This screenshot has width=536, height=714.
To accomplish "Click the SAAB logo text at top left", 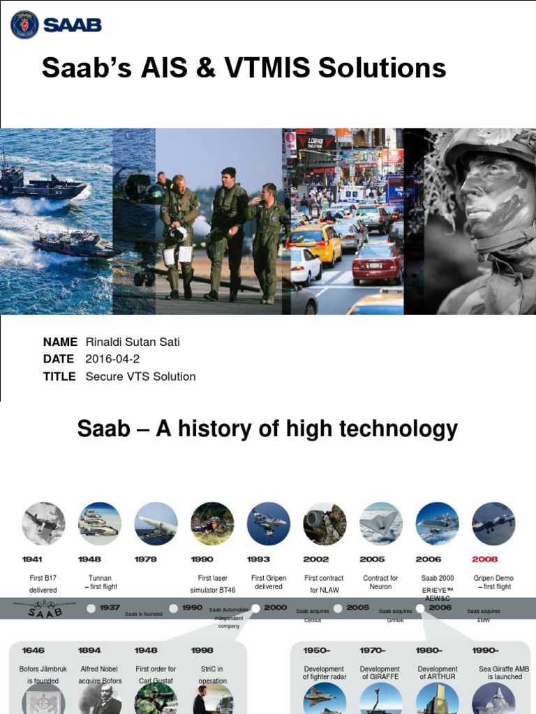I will [72, 25].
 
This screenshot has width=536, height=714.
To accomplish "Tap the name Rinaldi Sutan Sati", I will [133, 342].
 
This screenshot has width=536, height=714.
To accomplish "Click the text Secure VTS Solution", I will [140, 377].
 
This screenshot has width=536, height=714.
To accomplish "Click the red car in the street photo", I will [378, 261].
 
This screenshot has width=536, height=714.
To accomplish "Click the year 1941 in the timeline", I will [32, 559].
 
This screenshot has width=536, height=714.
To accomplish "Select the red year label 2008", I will [485, 559].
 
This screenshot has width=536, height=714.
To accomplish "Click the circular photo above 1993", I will [269, 523].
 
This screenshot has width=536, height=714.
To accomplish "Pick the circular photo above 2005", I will [381, 523].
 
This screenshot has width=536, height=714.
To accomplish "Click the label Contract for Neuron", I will [380, 582].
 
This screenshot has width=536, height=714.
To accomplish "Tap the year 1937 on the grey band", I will [110, 607].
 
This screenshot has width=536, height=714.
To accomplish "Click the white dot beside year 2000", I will [256, 608].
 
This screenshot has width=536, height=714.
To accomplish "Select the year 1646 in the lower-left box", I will [33, 651].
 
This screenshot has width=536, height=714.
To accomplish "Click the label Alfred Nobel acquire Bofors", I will [99, 674].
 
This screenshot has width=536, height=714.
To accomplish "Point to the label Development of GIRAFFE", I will [380, 673].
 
